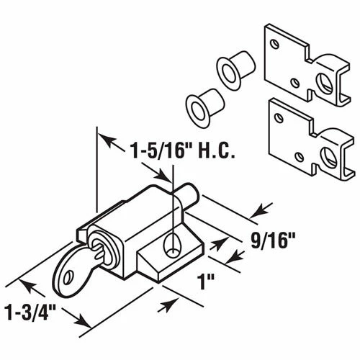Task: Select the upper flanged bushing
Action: click(x=229, y=73)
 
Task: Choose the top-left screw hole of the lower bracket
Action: click(x=276, y=110)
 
